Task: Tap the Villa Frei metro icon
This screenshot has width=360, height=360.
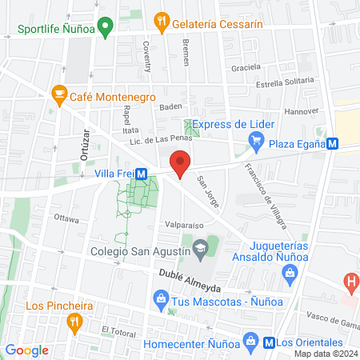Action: click(141, 173)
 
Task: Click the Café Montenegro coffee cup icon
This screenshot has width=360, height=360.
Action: click(58, 94)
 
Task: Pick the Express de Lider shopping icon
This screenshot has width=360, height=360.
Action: click(256, 144)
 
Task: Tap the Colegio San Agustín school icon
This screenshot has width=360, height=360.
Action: click(200, 250)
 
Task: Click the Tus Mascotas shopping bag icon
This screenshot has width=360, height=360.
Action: click(161, 300)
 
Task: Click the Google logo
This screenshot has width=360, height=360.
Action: click(26, 350)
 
